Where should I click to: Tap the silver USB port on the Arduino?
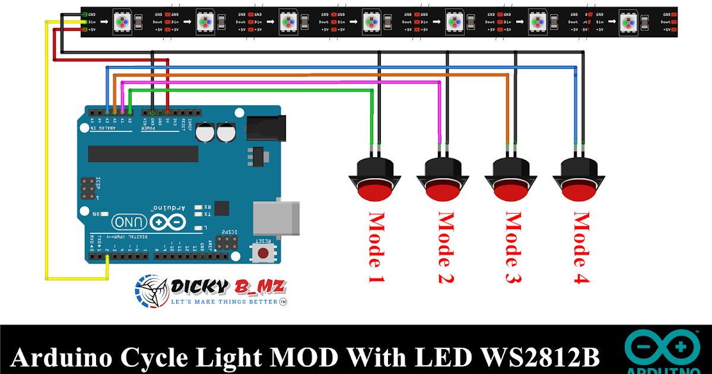[276, 218]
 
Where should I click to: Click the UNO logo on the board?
[125, 221]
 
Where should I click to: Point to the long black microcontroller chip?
[143, 154]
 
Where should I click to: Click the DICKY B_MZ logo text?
[229, 288]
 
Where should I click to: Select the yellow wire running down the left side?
[46, 148]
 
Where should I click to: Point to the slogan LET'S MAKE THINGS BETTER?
[224, 302]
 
